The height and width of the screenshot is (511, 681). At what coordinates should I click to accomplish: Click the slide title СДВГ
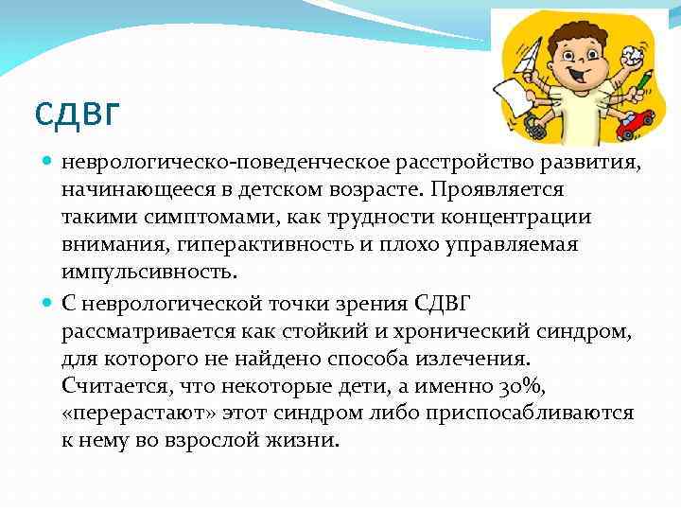click(78, 113)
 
